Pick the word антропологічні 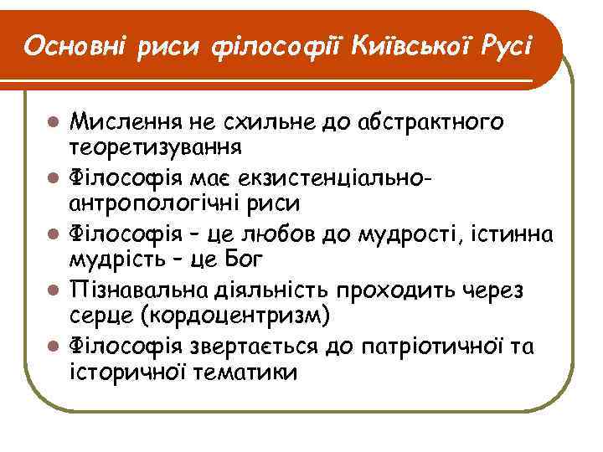pos(170,203)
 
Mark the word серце pos(101,316)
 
